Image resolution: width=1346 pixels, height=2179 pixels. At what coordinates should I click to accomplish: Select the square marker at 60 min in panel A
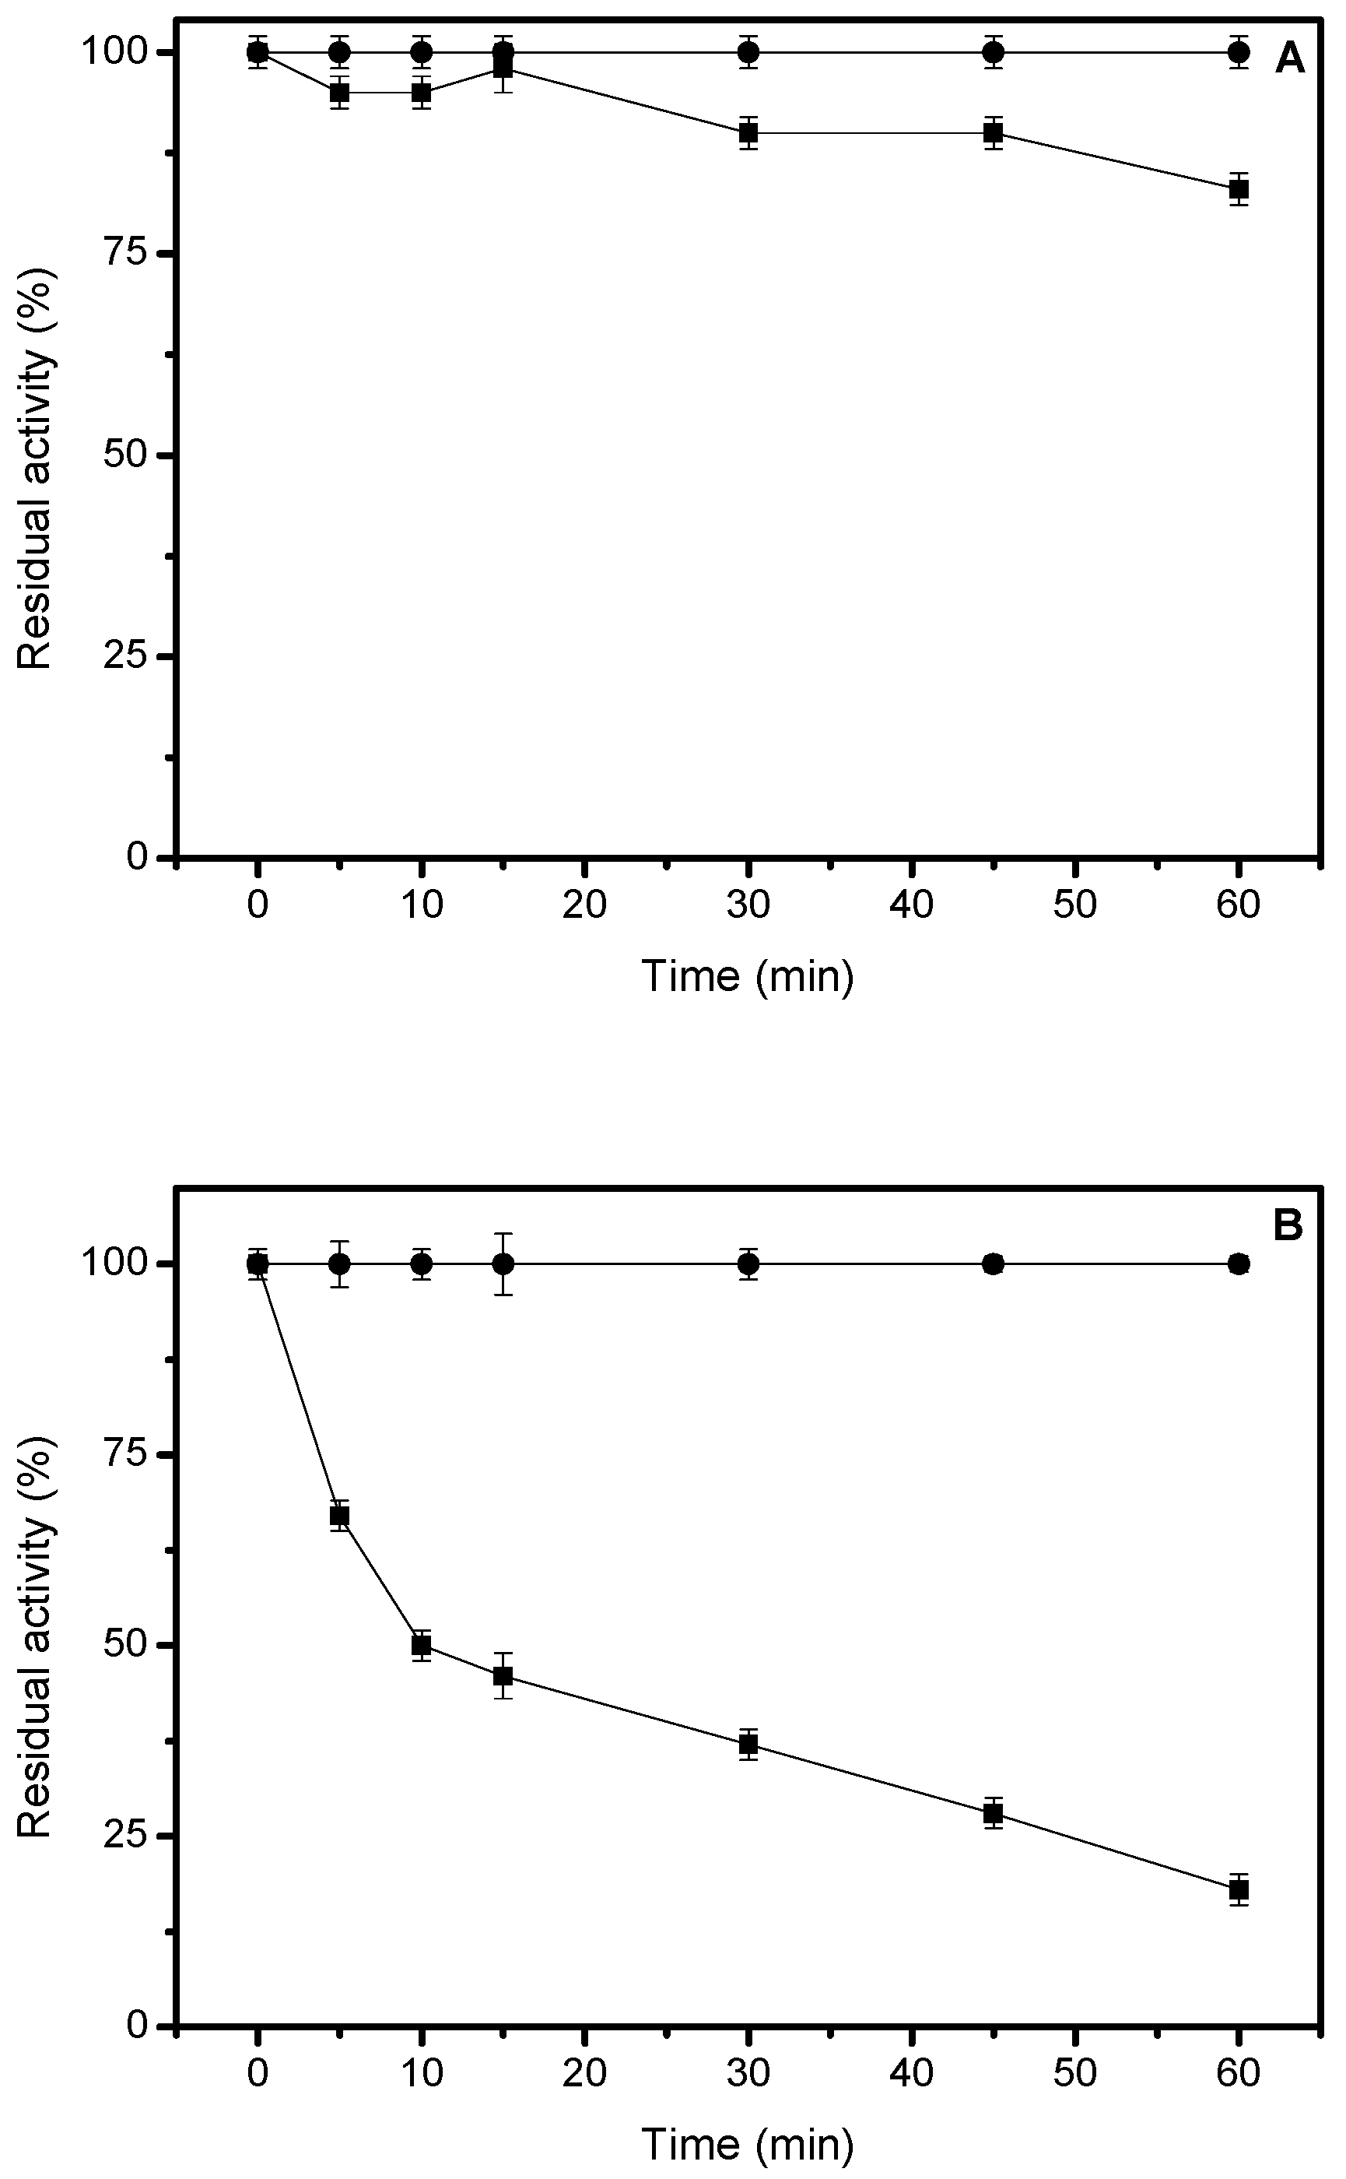(x=1239, y=188)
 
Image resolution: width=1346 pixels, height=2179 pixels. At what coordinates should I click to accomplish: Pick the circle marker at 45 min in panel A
(x=994, y=52)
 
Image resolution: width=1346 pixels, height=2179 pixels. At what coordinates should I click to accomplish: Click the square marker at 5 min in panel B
(x=339, y=1517)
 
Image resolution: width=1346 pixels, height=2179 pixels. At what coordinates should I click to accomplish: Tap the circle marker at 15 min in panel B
(x=503, y=1263)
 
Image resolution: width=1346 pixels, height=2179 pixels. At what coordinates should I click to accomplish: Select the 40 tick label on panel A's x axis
(x=912, y=905)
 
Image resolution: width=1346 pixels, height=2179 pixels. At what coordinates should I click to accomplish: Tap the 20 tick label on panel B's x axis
(x=585, y=2073)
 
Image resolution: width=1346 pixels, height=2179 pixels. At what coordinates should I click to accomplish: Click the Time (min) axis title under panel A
(x=748, y=976)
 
